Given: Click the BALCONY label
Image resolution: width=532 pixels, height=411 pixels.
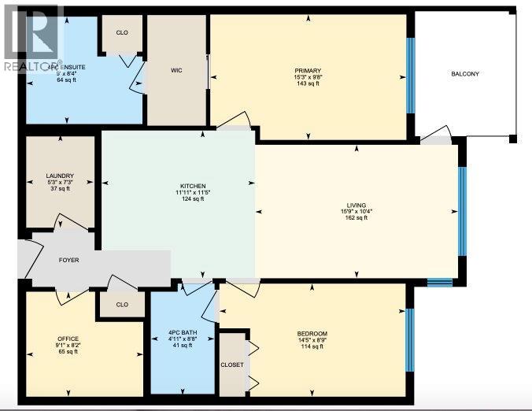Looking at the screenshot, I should point(464,74).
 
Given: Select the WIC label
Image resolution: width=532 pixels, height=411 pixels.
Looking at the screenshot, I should point(176,70).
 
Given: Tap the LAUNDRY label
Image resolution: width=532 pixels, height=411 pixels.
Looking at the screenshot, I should point(60,176).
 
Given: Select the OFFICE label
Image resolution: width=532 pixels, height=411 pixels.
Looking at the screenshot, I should point(68,339).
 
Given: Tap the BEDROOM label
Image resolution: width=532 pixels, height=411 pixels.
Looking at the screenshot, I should point(312,334).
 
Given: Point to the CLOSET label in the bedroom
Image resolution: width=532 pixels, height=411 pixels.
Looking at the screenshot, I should point(231,365).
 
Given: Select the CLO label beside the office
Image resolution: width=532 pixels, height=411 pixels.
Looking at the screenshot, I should point(122,304).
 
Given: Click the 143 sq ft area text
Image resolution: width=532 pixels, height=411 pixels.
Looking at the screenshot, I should point(308,83).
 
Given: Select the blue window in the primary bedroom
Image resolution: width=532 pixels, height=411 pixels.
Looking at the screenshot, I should point(409,76).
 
